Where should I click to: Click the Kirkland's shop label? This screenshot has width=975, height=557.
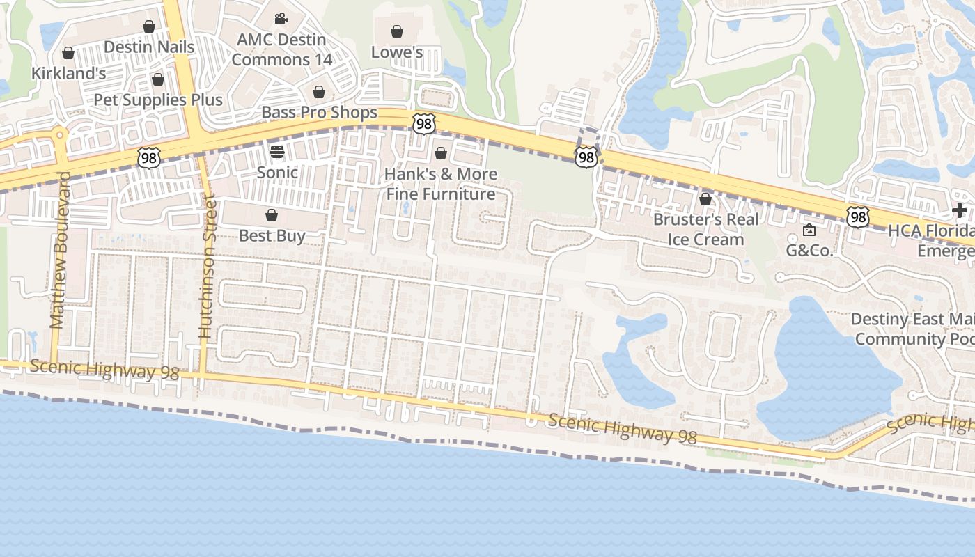coord(68,72)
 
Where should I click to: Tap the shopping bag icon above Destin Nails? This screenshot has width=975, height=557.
coord(148,27)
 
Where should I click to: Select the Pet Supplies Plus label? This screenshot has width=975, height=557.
coord(158,100)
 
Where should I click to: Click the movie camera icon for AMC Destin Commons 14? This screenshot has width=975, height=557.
coord(281,19)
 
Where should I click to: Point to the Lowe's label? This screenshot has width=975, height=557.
coord(397,52)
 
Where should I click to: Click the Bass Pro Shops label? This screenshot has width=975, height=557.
coord(319,112)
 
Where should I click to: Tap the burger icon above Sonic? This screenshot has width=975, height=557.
coord(277,152)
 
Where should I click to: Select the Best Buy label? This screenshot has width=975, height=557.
coord(272,235)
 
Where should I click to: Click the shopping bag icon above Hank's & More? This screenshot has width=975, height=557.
coord(440,153)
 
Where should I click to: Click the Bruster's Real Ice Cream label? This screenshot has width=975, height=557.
coord(705,229)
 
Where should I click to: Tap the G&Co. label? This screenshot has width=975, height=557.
coord(809,250)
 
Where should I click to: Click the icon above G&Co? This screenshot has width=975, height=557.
coord(809,230)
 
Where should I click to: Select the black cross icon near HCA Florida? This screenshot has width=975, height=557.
coord(960,210)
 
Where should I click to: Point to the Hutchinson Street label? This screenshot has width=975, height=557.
coord(207,268)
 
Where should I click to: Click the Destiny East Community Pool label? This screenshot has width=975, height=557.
coord(912,329)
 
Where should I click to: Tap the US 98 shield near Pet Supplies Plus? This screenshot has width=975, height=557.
coord(148,158)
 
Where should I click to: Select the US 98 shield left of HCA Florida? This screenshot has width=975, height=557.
coord(858,217)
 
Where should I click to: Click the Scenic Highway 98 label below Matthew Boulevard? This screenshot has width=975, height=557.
coord(104,370)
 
